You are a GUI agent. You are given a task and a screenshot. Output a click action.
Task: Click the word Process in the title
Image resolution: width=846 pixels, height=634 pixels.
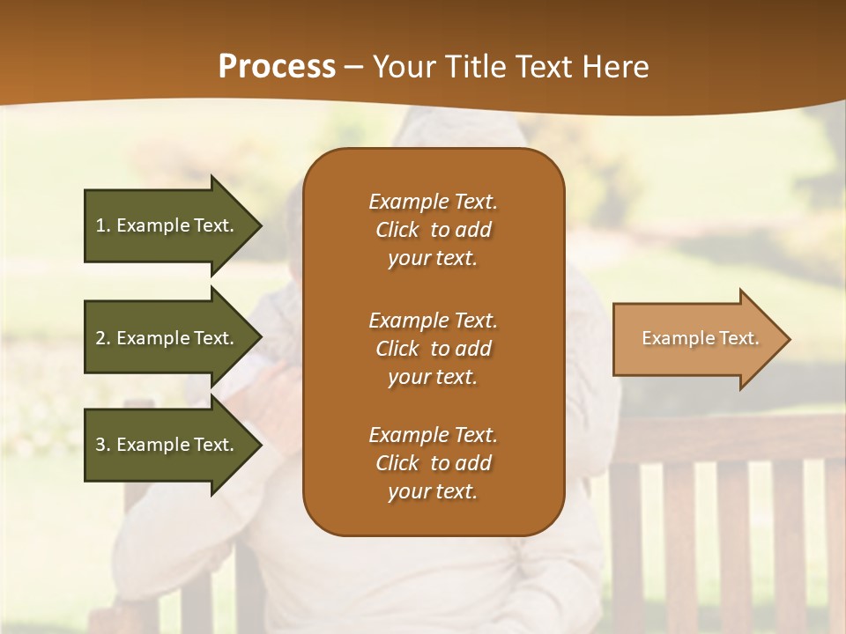pyautogui.click(x=277, y=67)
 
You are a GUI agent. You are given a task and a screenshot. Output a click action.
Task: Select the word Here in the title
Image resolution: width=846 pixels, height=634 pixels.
pyautogui.click(x=614, y=67)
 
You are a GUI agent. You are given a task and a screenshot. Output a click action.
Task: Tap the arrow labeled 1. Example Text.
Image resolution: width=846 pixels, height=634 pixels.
pyautogui.click(x=167, y=225)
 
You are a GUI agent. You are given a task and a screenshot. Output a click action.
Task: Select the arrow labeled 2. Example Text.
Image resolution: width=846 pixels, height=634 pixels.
pyautogui.click(x=167, y=338)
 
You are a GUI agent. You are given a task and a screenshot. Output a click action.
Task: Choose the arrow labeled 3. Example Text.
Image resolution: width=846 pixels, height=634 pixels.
pyautogui.click(x=167, y=445)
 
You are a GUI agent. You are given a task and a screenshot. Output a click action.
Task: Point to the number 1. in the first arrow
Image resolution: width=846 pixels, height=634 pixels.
pyautogui.click(x=102, y=225)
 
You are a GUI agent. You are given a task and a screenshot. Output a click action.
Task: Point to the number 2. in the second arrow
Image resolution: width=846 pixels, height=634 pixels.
pyautogui.click(x=102, y=338)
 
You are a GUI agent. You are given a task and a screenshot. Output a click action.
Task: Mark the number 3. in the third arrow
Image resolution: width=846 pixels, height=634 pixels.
pyautogui.click(x=102, y=445)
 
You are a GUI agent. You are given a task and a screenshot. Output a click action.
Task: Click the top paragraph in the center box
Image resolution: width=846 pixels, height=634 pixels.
pyautogui.click(x=433, y=230)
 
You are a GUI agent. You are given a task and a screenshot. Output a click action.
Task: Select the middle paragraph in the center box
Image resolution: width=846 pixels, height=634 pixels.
pyautogui.click(x=433, y=349)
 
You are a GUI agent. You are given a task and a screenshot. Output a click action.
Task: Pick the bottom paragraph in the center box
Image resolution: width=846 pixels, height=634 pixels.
pyautogui.click(x=433, y=463)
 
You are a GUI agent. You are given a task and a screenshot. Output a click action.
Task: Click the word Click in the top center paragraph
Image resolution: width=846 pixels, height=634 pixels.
pyautogui.click(x=397, y=231)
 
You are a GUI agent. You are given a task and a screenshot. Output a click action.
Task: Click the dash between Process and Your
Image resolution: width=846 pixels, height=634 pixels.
pyautogui.click(x=354, y=68)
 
